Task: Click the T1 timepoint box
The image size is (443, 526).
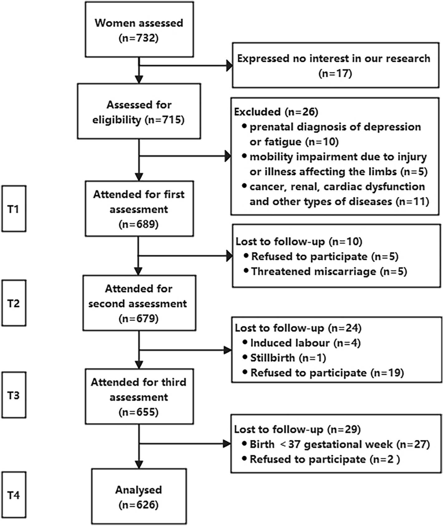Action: (x=14, y=209)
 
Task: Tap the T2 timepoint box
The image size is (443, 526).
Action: (x=14, y=303)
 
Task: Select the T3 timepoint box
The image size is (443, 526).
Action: (x=14, y=395)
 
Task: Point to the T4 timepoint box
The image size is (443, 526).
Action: (x=14, y=495)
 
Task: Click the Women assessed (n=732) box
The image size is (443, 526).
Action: (x=139, y=30)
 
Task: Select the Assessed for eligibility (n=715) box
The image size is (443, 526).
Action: (x=139, y=111)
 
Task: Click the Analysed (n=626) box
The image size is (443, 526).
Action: (x=139, y=497)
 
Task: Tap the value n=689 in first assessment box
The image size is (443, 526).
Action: (x=139, y=224)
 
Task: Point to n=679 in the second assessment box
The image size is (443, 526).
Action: (x=139, y=318)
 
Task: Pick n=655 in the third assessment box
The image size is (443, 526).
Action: (x=139, y=412)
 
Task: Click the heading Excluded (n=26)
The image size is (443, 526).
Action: (x=276, y=112)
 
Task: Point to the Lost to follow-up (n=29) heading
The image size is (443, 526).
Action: (x=297, y=430)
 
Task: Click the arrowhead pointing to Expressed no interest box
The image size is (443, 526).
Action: (x=229, y=66)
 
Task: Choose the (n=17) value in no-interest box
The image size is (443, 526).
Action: (x=335, y=73)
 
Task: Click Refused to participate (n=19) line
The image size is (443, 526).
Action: (x=327, y=373)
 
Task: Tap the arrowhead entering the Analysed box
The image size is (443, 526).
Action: (x=139, y=465)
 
